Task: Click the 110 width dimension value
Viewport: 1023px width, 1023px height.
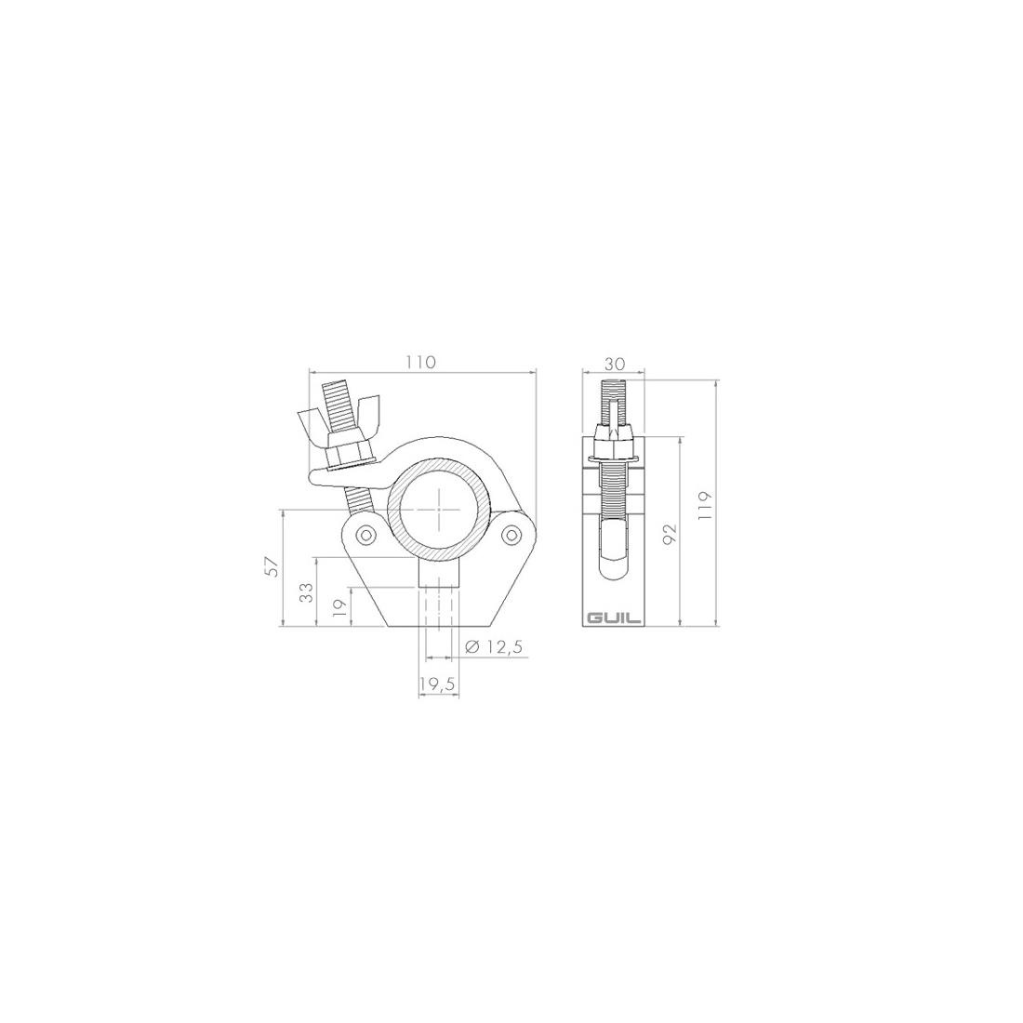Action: tap(422, 362)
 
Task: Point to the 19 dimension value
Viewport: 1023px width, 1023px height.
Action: tap(339, 606)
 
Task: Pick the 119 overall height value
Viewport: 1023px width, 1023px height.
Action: tap(705, 505)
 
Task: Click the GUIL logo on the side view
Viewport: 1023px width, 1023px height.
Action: tap(614, 618)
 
